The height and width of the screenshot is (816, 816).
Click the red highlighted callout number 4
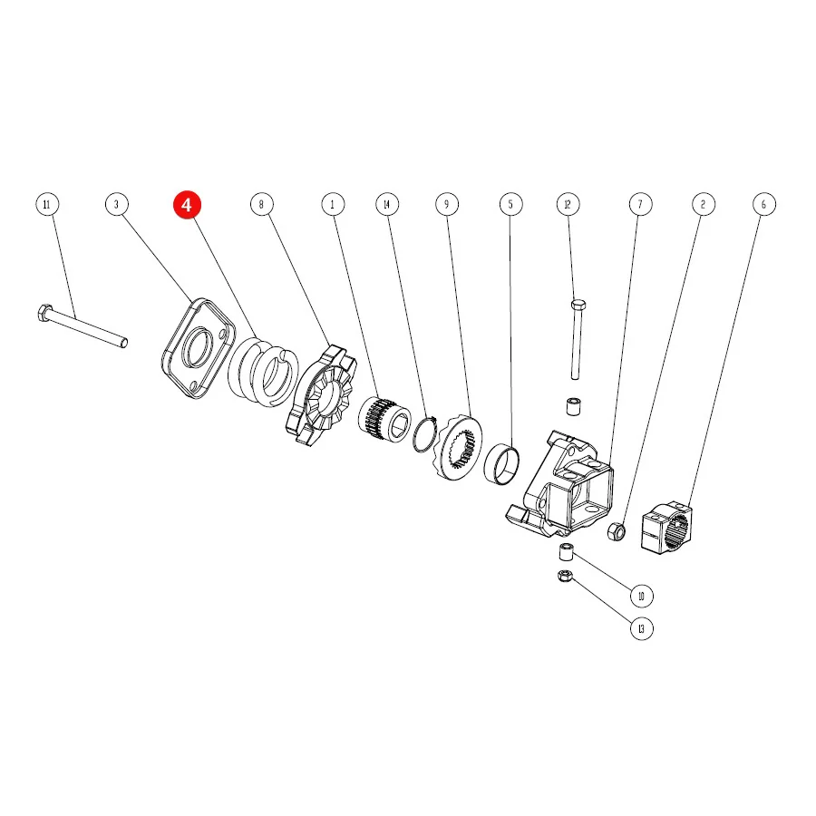[187, 205]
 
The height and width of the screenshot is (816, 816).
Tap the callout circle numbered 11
[47, 204]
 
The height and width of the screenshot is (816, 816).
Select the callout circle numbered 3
[117, 204]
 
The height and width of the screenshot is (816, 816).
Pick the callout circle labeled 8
[262, 204]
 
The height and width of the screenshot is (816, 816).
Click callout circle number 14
[387, 204]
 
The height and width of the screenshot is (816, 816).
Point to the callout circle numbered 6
[764, 204]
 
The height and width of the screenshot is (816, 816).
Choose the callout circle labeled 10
[641, 596]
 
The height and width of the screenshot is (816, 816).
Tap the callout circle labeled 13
[641, 628]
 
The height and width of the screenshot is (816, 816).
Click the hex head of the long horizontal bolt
[44, 313]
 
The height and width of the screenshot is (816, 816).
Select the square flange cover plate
[199, 348]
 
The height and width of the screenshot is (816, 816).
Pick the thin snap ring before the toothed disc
[424, 433]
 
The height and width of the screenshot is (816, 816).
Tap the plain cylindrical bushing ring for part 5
[501, 465]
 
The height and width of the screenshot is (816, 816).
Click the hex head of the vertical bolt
[578, 304]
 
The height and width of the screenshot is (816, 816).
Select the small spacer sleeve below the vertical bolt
[574, 406]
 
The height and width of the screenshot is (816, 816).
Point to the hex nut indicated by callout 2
[617, 530]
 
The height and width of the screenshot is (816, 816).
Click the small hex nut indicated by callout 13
[565, 576]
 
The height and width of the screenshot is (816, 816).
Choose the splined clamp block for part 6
[666, 528]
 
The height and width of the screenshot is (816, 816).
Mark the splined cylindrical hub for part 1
[384, 420]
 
